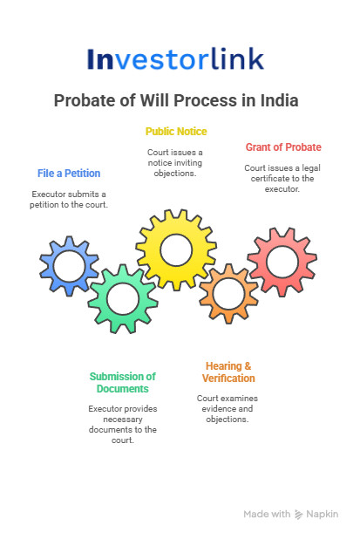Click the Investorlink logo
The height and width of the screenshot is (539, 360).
point(175,58)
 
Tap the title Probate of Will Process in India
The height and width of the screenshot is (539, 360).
point(176,100)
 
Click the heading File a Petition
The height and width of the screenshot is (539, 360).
point(69,174)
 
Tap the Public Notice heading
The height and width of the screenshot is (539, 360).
point(176,132)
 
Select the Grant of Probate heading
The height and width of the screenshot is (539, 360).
point(283,147)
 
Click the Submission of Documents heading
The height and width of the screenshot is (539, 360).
point(123,382)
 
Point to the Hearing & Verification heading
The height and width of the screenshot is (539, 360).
point(228,372)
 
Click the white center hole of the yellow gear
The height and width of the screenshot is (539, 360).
point(176,250)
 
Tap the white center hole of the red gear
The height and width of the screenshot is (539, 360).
point(282,262)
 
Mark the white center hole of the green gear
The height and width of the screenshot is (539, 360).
point(123,299)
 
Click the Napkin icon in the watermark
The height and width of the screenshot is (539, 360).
point(299,515)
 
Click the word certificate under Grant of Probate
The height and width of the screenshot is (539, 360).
point(270,179)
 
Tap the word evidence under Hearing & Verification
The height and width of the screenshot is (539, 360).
point(215,409)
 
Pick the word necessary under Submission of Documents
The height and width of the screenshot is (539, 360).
point(123,420)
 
